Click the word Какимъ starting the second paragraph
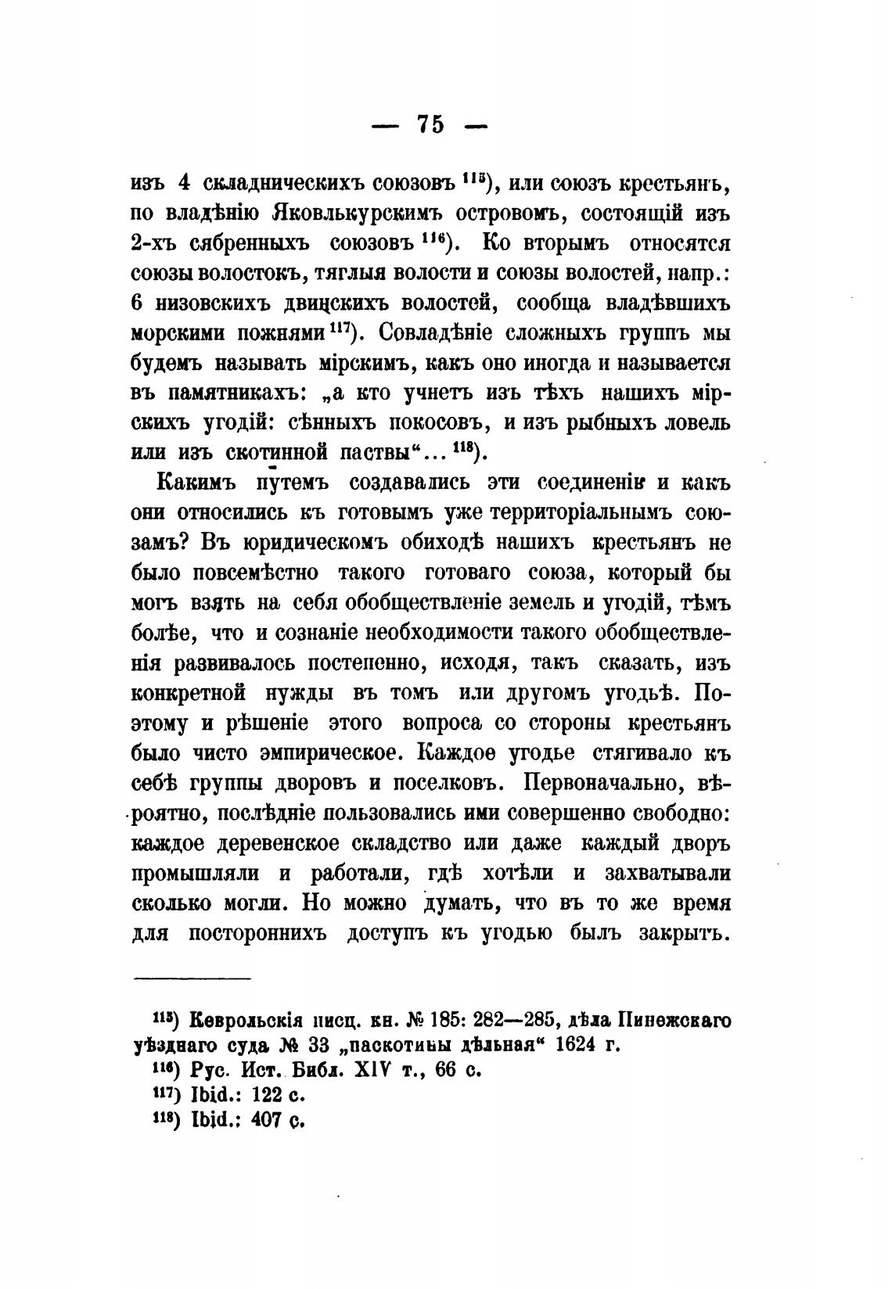click(195, 483)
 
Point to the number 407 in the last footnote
click(266, 1118)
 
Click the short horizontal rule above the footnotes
click(192, 978)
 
